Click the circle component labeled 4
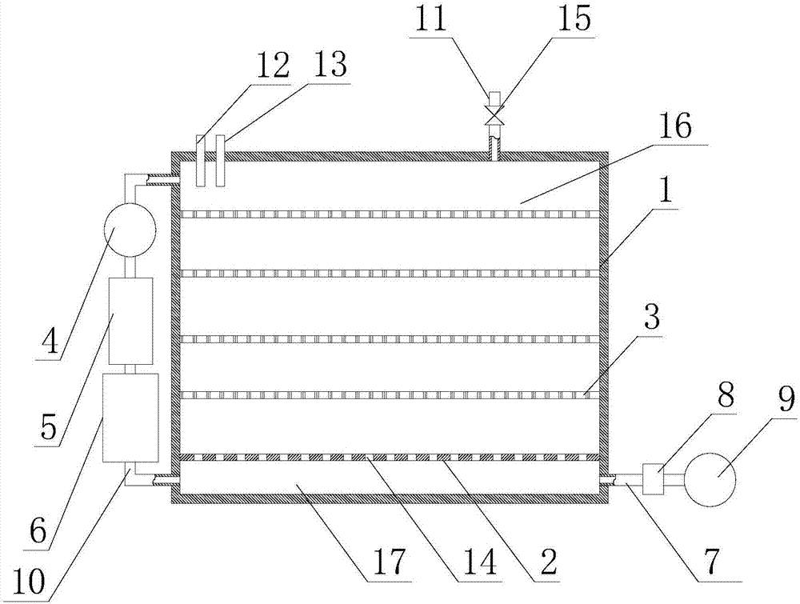[x=130, y=232]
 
